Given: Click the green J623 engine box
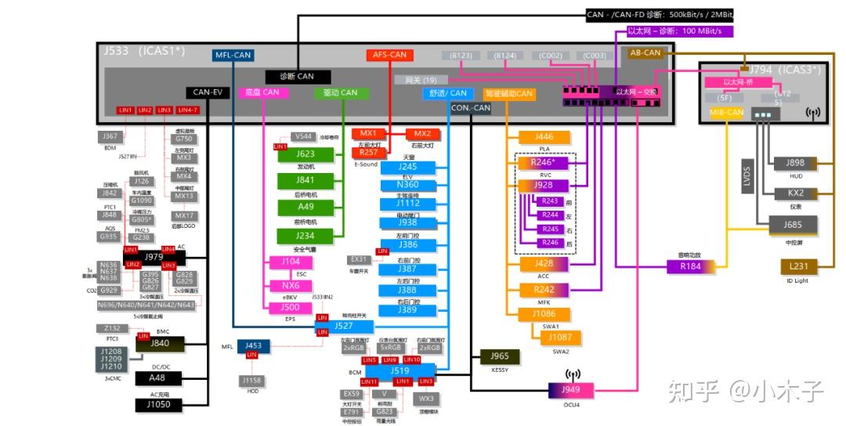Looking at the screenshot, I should click(x=305, y=154).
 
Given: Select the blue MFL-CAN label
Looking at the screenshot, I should click(x=232, y=55).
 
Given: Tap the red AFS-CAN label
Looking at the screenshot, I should click(x=389, y=55).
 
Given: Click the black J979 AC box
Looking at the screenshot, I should click(x=154, y=257).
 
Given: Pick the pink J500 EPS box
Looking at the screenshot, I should click(x=291, y=308).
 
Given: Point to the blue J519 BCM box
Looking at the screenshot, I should click(x=399, y=370).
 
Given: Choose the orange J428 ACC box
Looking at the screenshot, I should click(x=544, y=264).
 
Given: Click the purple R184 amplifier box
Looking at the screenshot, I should click(x=690, y=266).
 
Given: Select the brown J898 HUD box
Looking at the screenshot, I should click(x=795, y=164).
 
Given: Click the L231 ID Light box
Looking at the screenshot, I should click(x=799, y=267).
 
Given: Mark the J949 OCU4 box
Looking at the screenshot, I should click(x=571, y=390).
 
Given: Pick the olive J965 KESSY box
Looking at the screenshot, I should click(x=500, y=356).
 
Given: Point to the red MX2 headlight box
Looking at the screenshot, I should click(x=422, y=134).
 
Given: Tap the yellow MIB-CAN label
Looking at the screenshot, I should click(x=726, y=113).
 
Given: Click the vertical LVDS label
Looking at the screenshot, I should click(x=747, y=176).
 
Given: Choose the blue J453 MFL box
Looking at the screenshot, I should click(x=252, y=345).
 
